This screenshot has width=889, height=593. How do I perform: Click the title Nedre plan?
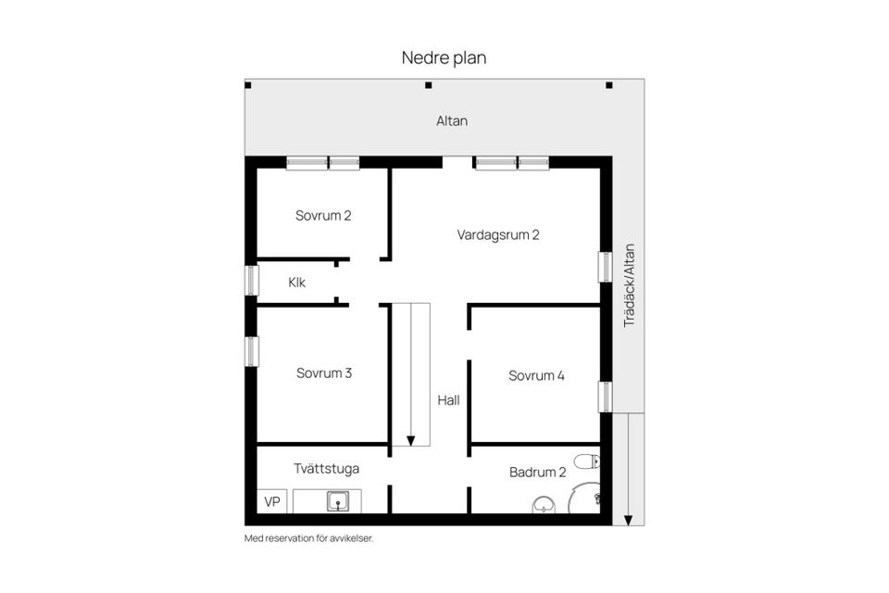tap(444, 57)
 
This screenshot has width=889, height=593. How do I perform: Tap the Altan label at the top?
tap(452, 120)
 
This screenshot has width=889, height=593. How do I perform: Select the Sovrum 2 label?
tap(323, 216)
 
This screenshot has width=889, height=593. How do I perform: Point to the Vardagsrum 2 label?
tap(498, 234)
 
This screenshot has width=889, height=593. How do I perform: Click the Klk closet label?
tap(296, 283)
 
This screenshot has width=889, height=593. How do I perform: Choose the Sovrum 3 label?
tap(323, 373)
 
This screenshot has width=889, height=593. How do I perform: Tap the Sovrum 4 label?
tap(536, 375)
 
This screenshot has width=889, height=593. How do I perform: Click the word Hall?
tap(448, 401)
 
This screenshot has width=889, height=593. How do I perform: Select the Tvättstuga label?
tap(327, 469)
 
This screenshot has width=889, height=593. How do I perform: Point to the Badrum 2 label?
tap(537, 473)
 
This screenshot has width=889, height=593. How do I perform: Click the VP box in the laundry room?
tap(272, 501)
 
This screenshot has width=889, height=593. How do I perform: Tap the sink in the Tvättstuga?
tap(340, 501)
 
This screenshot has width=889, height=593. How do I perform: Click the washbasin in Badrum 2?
tap(544, 505)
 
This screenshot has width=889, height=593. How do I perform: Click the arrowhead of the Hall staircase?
tap(410, 440)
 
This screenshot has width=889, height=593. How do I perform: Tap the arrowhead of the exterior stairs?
tap(628, 520)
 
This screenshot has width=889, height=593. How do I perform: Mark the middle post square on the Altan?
tap(428, 86)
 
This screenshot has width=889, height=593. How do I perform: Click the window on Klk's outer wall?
tap(251, 281)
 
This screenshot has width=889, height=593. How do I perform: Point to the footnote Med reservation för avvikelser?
tap(308, 538)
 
